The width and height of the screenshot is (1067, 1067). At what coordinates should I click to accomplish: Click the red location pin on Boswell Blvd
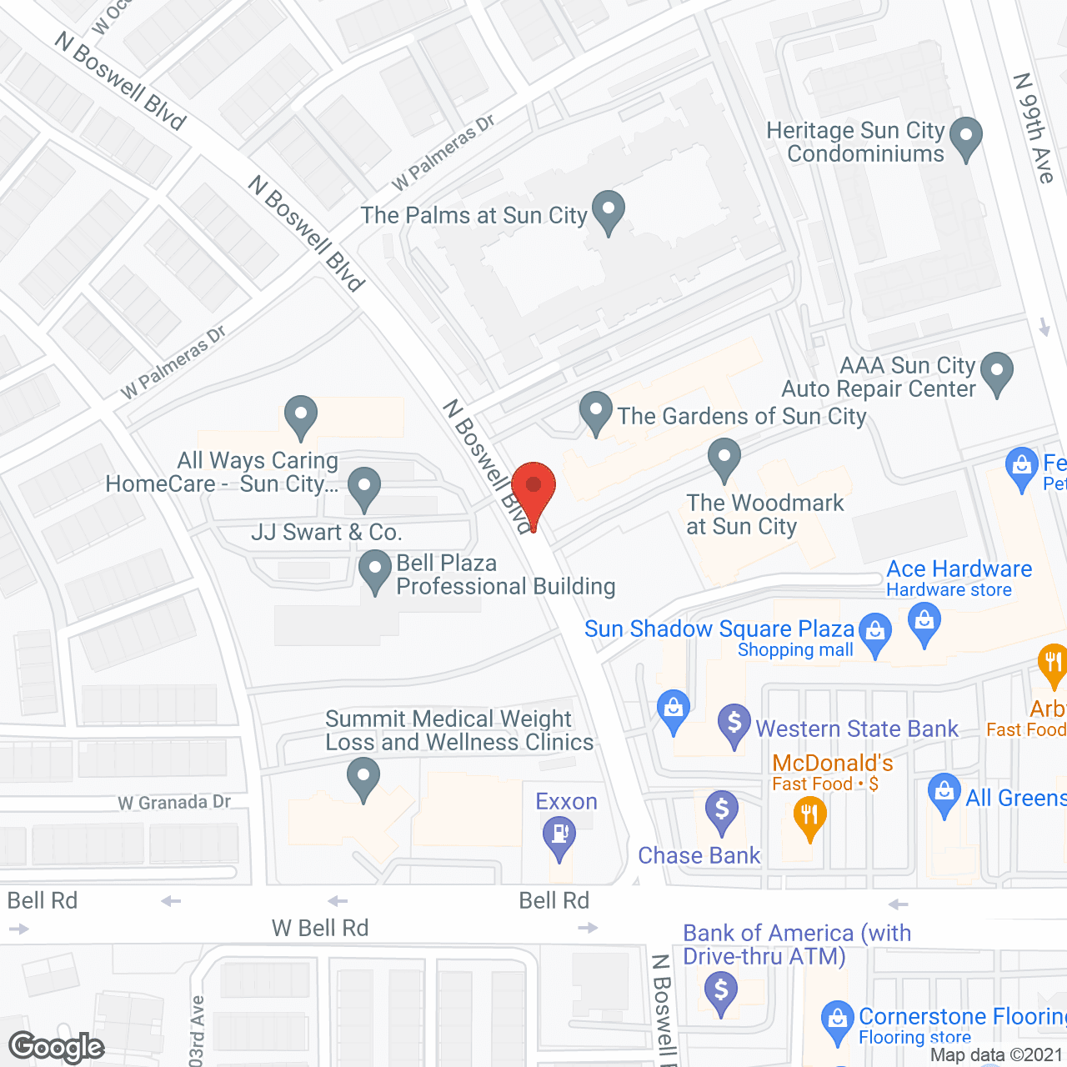point(533,488)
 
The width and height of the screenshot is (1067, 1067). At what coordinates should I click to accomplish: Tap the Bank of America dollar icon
point(721,991)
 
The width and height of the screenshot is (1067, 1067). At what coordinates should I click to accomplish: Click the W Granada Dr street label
point(174,803)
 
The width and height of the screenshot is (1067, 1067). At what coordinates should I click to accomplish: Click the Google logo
point(56,1047)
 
